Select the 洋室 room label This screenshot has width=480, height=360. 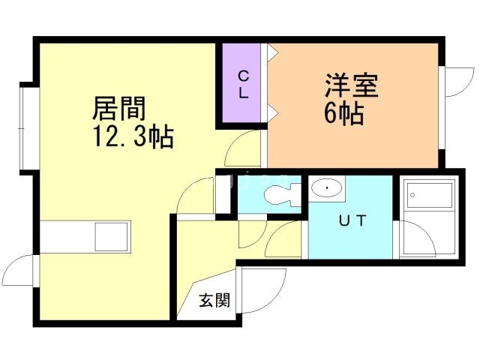352,85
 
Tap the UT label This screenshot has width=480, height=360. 352,221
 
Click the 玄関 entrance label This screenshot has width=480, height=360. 214,301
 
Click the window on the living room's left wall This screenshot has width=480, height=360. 28,128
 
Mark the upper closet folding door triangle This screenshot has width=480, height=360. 273,53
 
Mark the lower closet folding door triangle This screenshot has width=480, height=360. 273,112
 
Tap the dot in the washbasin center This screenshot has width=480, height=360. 326,187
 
